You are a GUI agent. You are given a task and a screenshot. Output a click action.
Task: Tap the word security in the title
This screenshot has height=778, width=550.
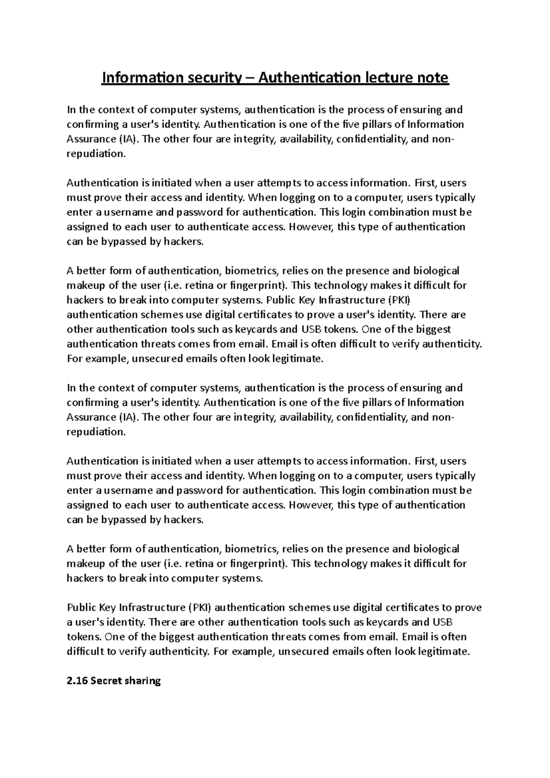pos(213,78)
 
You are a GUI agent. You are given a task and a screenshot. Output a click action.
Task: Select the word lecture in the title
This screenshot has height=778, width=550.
pos(390,78)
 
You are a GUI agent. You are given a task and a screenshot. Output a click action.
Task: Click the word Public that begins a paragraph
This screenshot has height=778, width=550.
pos(81,608)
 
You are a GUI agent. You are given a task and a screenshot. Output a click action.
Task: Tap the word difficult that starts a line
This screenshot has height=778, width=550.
pos(85,652)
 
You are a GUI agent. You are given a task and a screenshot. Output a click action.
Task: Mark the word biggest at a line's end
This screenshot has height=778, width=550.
pos(433,329)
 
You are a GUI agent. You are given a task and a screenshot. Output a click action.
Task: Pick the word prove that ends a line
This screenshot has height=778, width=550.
pos(468,608)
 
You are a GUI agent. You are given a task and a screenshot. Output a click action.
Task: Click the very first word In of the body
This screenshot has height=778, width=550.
pos(71,110)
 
